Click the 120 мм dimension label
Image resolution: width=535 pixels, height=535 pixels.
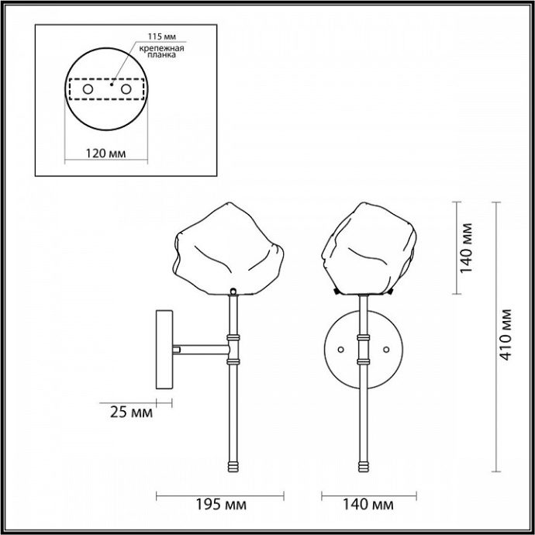105,153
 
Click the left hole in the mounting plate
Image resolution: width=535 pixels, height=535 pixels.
88,90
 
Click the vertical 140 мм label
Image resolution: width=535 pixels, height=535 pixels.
466,248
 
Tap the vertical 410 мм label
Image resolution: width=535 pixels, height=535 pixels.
507,336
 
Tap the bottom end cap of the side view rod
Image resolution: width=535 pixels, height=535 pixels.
233,464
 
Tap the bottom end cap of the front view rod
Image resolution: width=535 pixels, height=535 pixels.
362,464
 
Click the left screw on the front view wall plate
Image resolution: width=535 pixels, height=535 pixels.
338,350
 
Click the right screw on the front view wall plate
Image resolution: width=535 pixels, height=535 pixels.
386,350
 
